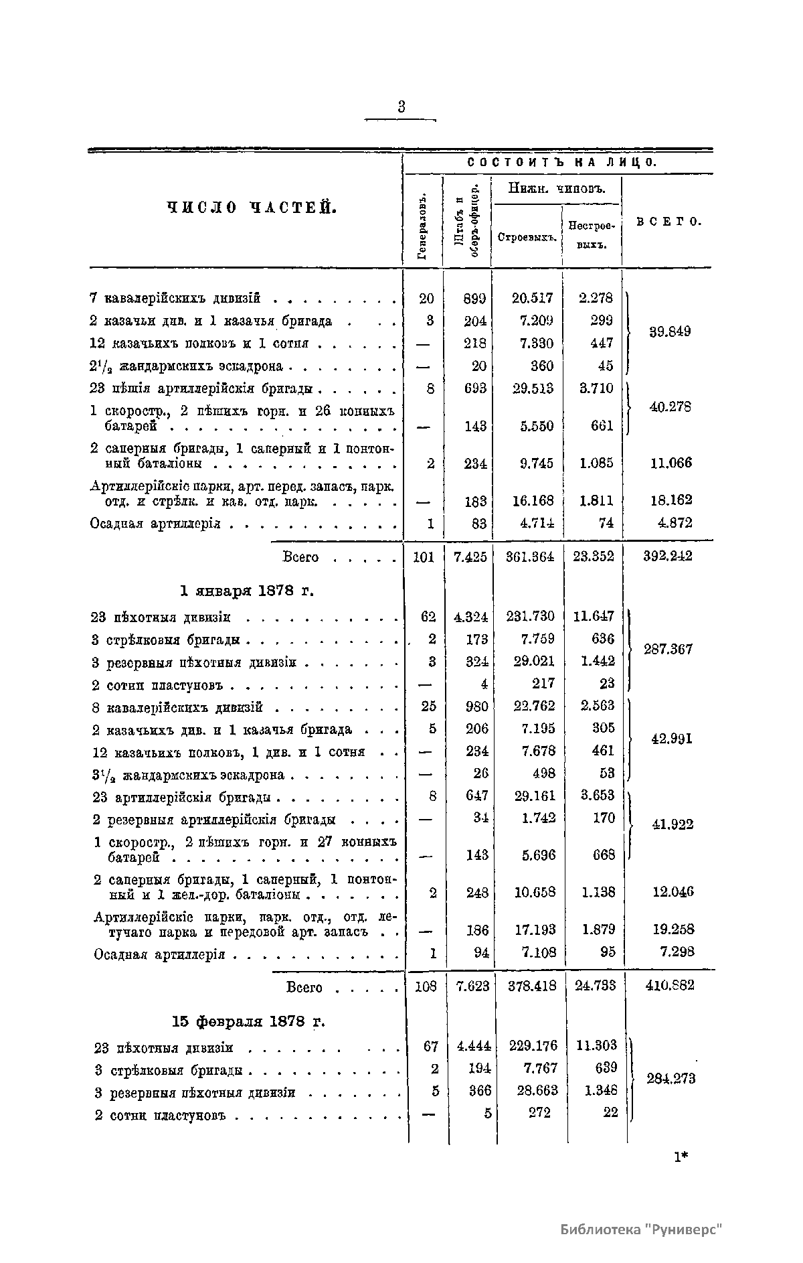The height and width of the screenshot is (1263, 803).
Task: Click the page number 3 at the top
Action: pyautogui.click(x=401, y=106)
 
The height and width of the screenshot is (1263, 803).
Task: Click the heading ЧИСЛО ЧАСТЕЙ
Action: pyautogui.click(x=250, y=208)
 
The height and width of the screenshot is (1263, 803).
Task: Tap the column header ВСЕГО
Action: pyautogui.click(x=668, y=221)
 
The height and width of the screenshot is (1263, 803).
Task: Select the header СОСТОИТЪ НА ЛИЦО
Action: pyautogui.click(x=561, y=163)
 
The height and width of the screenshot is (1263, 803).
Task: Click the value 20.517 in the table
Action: pyautogui.click(x=533, y=298)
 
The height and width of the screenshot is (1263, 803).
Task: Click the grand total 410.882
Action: pyautogui.click(x=668, y=986)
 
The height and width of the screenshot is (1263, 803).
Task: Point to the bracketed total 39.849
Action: pyautogui.click(x=670, y=331)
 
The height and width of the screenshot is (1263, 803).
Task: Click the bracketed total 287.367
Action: pyautogui.click(x=668, y=649)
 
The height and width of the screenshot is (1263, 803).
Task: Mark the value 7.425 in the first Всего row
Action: pyautogui.click(x=470, y=556)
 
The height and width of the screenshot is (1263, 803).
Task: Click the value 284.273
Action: pyautogui.click(x=671, y=1079)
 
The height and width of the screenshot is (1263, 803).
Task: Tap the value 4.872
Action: pyautogui.click(x=673, y=523)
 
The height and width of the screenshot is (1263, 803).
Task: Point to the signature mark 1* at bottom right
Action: pyautogui.click(x=682, y=1157)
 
